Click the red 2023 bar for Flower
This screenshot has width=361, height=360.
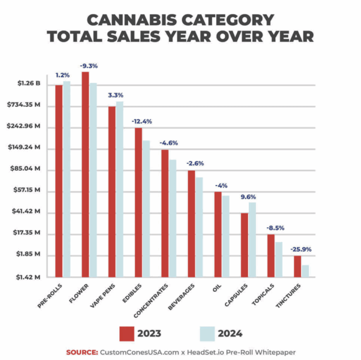tap(85, 175)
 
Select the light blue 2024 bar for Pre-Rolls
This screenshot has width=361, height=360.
tap(67, 179)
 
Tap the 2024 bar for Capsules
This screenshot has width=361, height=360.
tap(252, 240)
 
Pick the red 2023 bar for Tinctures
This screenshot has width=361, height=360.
tap(298, 266)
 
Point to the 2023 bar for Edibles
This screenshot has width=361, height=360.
tap(138, 202)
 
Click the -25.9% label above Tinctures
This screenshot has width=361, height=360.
tap(301, 249)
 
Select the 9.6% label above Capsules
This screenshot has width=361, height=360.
tap(248, 197)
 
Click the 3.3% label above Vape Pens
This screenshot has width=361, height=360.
tap(115, 95)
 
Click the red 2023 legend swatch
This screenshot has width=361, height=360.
tap(127, 333)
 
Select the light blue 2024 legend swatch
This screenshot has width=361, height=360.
tap(207, 333)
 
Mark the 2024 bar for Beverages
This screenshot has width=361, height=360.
tap(199, 227)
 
